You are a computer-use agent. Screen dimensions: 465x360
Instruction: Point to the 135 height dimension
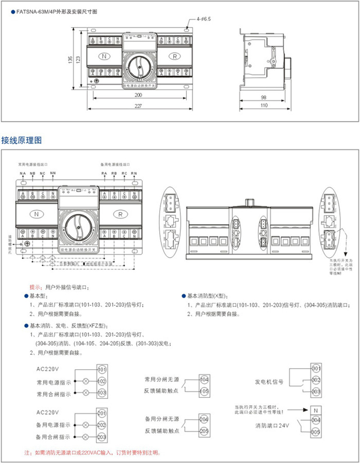(x=70, y=59)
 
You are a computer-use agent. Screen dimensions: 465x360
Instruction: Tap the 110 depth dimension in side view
(x=263, y=106)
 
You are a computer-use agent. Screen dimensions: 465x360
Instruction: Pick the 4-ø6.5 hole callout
(x=204, y=19)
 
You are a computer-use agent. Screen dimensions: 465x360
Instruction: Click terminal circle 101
(x=102, y=369)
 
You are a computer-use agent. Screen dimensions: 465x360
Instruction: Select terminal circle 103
(x=102, y=393)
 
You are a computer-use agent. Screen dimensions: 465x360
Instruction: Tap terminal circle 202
(x=102, y=425)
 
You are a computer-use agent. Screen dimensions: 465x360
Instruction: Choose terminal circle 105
(x=204, y=391)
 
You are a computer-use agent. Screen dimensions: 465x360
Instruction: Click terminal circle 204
(x=204, y=419)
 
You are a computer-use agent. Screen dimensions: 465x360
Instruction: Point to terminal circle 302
(x=316, y=380)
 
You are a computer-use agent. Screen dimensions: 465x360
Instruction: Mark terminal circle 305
(x=316, y=432)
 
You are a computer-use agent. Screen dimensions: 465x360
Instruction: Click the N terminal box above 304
(x=316, y=410)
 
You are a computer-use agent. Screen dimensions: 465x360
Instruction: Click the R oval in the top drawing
(x=174, y=56)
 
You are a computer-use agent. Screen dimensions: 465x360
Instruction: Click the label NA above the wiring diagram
(x=22, y=173)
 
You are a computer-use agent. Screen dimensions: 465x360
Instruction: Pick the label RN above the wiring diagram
(x=134, y=173)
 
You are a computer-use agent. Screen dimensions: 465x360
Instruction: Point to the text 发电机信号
(x=269, y=381)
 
